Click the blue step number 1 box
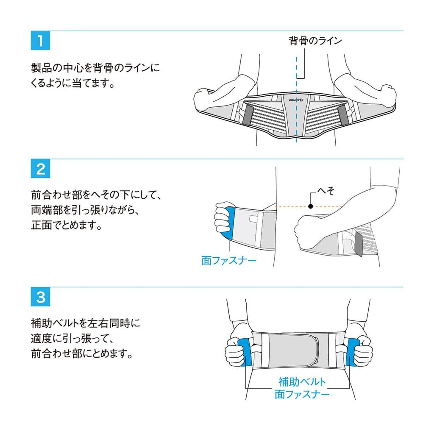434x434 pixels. tap(40, 40)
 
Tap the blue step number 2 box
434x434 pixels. tap(40, 169)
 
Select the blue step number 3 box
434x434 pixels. tap(40, 297)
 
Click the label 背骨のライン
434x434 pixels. tap(315, 41)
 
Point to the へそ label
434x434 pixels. tap(326, 191)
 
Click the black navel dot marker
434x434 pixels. tap(311, 206)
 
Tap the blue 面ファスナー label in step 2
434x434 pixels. tap(228, 261)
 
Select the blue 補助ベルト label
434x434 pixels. tap(302, 382)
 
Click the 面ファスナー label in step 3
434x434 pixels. tap(302, 394)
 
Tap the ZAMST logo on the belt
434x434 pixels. tap(296, 100)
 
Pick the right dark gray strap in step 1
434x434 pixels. tap(343, 115)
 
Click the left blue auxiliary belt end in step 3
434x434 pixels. tap(245, 352)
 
